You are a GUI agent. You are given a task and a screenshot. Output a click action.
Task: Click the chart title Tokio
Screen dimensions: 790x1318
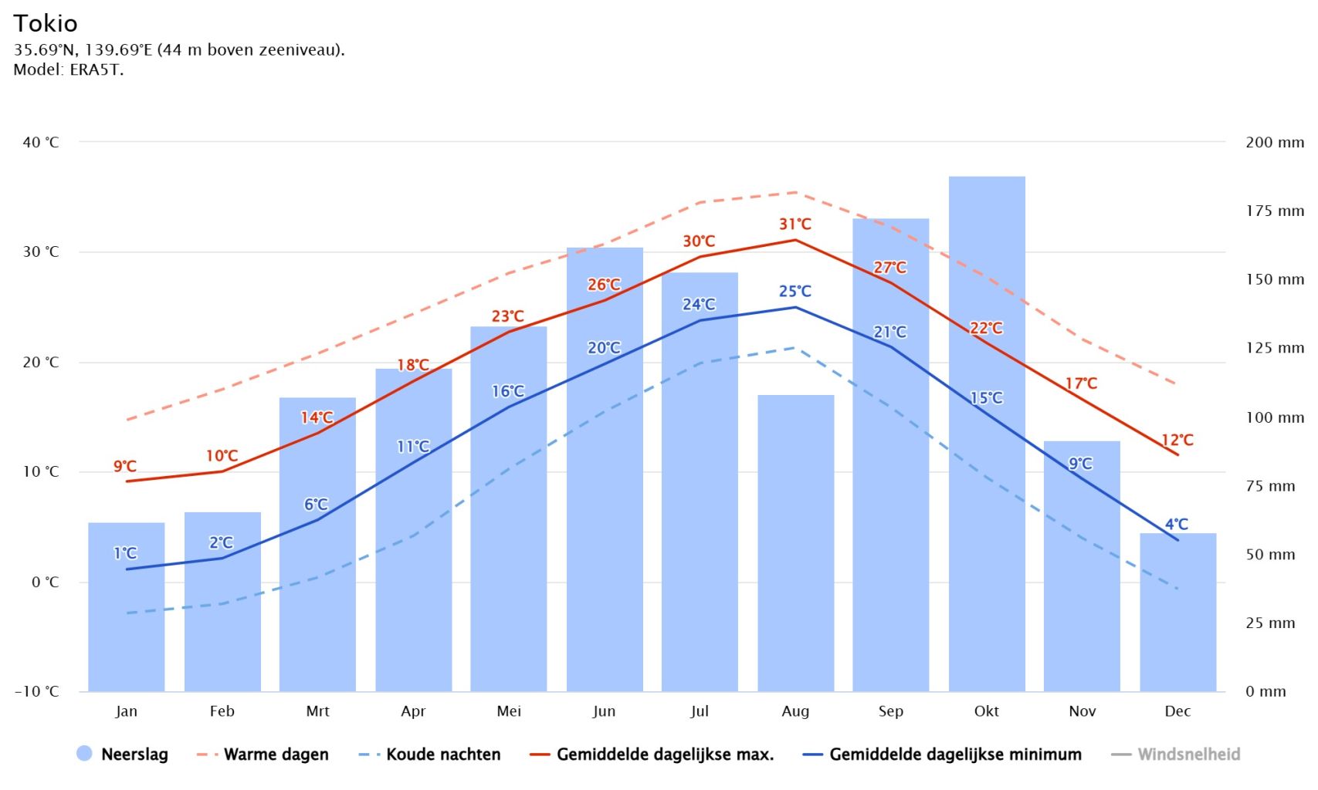pyautogui.click(x=46, y=23)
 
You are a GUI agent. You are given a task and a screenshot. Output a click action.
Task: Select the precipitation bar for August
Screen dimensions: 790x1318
pyautogui.click(x=795, y=540)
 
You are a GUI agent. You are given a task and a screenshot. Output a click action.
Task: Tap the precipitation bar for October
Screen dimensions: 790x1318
pyautogui.click(x=986, y=501)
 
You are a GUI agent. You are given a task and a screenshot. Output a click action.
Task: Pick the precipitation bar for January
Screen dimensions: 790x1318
pyautogui.click(x=126, y=617)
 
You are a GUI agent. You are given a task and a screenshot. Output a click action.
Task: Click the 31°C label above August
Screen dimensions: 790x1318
pyautogui.click(x=795, y=225)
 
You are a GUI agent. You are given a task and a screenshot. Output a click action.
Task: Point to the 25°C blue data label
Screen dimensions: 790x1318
pyautogui.click(x=795, y=292)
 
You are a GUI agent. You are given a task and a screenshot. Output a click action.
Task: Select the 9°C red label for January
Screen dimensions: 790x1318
pyautogui.click(x=125, y=466)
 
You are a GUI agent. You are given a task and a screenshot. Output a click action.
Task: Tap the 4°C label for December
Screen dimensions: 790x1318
pyautogui.click(x=1176, y=525)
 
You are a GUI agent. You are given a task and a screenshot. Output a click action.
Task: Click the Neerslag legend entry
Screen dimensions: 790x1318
pyautogui.click(x=123, y=754)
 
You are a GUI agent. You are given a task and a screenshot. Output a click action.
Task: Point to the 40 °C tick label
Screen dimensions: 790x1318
pyautogui.click(x=41, y=142)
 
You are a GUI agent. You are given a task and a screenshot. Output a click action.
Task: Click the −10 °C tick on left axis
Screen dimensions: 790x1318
pyautogui.click(x=36, y=691)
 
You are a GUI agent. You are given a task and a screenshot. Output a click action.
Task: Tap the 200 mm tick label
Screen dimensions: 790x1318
pyautogui.click(x=1274, y=142)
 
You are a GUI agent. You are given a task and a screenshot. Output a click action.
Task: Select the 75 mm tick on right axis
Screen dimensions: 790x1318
pyautogui.click(x=1270, y=486)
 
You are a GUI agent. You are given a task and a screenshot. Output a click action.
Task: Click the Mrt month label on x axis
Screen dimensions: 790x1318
pyautogui.click(x=317, y=711)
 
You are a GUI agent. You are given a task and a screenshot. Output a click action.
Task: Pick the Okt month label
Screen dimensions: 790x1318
pyautogui.click(x=986, y=711)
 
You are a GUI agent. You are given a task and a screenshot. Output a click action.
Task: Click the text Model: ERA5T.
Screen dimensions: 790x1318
pyautogui.click(x=68, y=69)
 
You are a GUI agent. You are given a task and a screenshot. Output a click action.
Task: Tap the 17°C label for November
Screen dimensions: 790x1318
pyautogui.click(x=1080, y=383)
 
